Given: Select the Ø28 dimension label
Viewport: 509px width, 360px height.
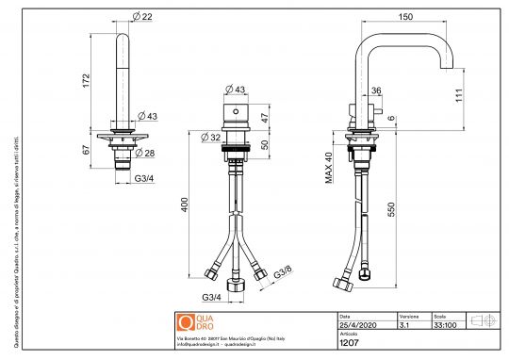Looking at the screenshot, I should click(149, 153).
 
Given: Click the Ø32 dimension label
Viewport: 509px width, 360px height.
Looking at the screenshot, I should click(212, 136).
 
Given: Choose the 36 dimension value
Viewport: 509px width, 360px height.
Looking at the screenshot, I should click(376, 91).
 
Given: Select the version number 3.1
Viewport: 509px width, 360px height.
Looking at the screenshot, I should click(404, 325).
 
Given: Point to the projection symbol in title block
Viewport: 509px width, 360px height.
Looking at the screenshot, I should click(482, 320).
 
